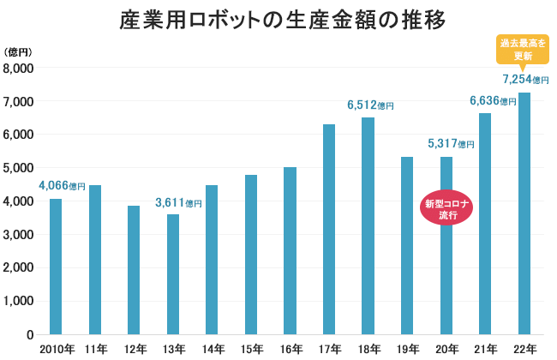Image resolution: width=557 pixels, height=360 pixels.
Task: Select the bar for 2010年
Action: [x=56, y=266]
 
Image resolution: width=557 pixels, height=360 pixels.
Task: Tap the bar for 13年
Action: [x=173, y=274]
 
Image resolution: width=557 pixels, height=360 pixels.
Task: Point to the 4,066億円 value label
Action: [x=62, y=185]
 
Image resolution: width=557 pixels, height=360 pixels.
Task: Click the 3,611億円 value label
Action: [x=178, y=203]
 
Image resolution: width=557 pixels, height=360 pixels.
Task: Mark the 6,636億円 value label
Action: [x=493, y=101]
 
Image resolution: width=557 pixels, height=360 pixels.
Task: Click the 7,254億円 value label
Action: [x=524, y=79]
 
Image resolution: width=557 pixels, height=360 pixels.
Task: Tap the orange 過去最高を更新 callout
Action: [x=523, y=50]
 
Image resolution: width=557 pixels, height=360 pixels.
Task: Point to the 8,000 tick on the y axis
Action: [x=18, y=69]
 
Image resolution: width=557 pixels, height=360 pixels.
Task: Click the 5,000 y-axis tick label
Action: [x=18, y=168]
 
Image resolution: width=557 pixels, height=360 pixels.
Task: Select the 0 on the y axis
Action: [x=29, y=334]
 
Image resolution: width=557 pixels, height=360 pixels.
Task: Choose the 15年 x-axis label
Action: [x=251, y=349]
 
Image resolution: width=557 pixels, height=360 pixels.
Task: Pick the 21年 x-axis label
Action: [x=485, y=349]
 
